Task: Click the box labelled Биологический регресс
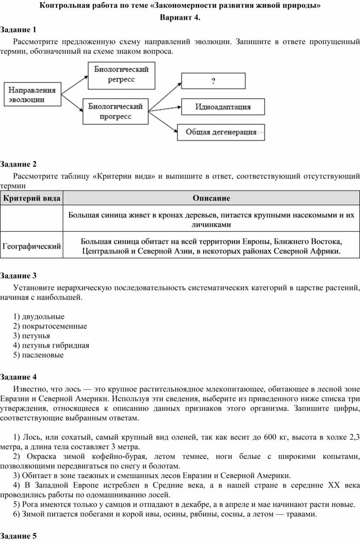[121, 75]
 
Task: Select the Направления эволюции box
[33, 94]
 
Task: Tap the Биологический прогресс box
[116, 112]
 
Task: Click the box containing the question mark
[214, 81]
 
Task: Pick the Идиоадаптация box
[223, 107]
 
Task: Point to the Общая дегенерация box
[221, 132]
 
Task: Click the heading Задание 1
[19, 30]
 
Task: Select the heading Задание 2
[19, 165]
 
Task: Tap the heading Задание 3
[19, 276]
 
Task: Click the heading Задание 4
[19, 377]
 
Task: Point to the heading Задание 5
[19, 536]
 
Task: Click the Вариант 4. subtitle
[180, 18]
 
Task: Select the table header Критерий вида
[32, 198]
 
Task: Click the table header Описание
[211, 198]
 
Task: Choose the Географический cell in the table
[32, 246]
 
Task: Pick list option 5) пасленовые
[38, 355]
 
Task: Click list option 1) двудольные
[39, 317]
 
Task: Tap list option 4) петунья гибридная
[51, 345]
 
